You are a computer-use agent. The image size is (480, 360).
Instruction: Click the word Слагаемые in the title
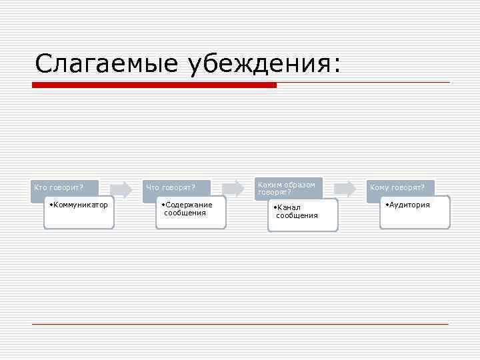[107, 64]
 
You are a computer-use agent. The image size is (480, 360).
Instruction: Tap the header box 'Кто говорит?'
[65, 187]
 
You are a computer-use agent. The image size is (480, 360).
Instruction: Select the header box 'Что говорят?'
[176, 187]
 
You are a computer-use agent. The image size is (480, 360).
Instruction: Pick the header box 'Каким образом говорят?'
[287, 187]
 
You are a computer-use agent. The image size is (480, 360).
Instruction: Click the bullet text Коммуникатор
[80, 205]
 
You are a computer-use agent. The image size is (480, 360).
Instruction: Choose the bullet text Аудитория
[409, 205]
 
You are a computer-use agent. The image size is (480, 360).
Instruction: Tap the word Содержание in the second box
[189, 205]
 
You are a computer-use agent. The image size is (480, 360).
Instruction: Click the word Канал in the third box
[288, 207]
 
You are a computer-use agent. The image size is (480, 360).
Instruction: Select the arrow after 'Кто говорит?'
[121, 189]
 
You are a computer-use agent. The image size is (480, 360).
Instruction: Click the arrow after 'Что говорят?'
[233, 189]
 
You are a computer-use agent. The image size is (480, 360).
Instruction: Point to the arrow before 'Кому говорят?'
[344, 189]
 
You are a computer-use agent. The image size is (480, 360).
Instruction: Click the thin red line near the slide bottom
[240, 324]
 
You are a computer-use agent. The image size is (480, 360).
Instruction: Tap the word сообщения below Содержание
[185, 213]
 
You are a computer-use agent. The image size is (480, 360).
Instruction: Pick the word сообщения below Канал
[297, 216]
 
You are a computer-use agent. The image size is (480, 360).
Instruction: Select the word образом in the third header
[299, 184]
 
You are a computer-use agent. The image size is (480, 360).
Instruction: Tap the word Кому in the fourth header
[379, 187]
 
